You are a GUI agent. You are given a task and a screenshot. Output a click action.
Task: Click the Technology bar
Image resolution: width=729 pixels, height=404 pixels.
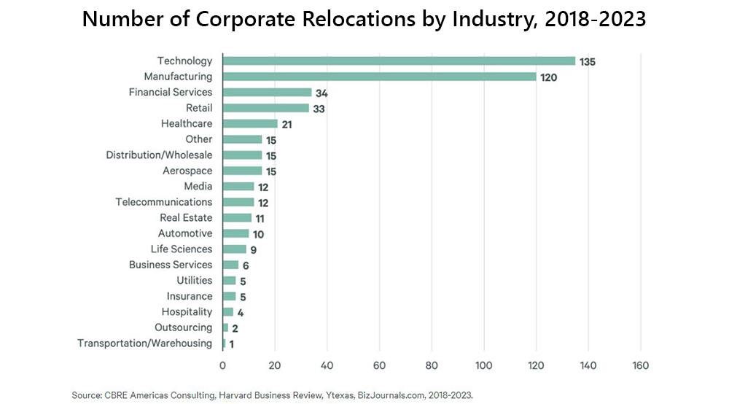[x=399, y=61]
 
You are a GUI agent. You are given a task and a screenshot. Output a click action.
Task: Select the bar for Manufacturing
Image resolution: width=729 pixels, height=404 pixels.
[x=379, y=77]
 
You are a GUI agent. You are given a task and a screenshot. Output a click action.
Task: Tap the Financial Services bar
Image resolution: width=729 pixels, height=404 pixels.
[x=267, y=93]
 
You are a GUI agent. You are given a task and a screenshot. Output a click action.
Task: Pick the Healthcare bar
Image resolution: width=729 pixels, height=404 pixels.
[x=250, y=124]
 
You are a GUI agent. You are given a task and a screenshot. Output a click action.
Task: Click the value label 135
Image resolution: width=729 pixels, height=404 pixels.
[x=588, y=61]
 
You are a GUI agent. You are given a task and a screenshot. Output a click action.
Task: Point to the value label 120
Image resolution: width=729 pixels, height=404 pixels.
[x=548, y=77]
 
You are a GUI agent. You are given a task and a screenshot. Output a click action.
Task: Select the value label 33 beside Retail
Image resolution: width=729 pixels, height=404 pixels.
[x=319, y=109]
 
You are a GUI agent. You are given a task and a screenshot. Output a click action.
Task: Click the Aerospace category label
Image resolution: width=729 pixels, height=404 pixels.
[x=187, y=171]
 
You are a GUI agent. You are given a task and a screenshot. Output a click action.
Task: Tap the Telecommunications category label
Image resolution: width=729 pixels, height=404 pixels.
[x=164, y=202]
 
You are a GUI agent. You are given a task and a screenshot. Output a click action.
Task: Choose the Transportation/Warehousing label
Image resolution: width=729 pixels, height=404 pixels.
[x=145, y=343]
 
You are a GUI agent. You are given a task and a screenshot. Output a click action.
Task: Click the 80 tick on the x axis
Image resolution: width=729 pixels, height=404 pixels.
[x=432, y=365]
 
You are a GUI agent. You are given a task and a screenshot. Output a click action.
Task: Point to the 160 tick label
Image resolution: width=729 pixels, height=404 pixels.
[x=640, y=365]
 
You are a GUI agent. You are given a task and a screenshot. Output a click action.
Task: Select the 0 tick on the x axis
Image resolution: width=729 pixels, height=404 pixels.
[x=222, y=365]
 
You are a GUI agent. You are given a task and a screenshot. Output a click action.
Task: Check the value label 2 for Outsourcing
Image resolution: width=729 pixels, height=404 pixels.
[x=235, y=328]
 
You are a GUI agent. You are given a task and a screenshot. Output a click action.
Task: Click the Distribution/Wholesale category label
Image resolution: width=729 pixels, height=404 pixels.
[x=159, y=155]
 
